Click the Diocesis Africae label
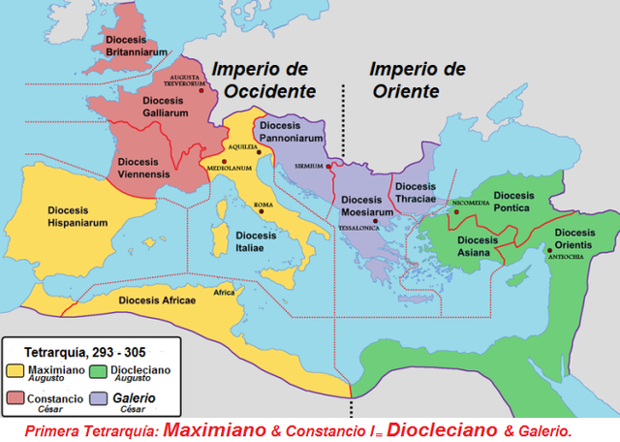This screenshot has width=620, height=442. click(159, 300)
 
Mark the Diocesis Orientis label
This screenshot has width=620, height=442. click(575, 239)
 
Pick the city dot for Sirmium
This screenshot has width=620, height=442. click(329, 166)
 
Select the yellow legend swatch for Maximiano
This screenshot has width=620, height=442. click(15, 369)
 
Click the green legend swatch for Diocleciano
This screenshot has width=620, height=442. click(95, 369)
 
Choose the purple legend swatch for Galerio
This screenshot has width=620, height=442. click(95, 398)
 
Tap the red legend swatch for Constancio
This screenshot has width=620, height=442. click(15, 398)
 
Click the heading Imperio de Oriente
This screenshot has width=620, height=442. click(404, 79)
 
